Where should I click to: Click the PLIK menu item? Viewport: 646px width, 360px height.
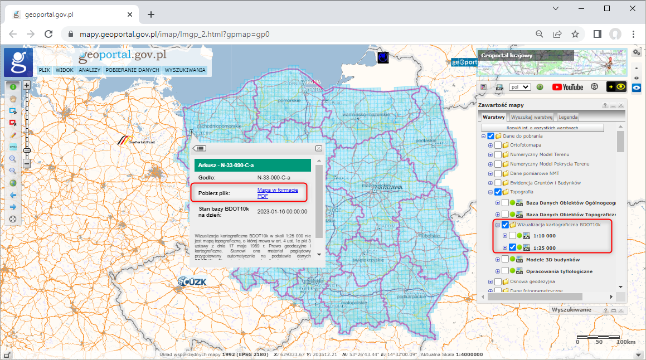point(45,70)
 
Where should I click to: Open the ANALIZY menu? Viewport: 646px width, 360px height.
point(89,70)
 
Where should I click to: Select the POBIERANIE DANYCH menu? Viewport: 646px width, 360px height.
point(132,70)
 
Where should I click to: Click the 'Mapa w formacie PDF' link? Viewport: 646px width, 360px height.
point(278,193)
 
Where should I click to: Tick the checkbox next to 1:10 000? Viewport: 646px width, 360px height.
point(512,236)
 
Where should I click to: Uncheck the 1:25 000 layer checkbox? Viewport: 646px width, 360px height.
point(512,248)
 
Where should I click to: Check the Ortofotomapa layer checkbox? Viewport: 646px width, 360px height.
point(498,145)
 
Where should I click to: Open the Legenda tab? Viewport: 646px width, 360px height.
point(568,117)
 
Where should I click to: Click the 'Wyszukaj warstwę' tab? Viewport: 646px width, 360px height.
point(532,117)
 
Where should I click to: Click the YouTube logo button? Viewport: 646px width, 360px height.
point(567,87)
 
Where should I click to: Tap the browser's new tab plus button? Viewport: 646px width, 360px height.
point(150,14)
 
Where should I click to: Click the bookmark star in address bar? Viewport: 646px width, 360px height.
point(575,34)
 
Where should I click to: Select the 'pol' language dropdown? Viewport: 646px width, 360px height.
point(519,87)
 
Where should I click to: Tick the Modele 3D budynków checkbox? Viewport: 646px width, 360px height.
point(505,259)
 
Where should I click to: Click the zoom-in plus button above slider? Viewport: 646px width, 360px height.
point(26,85)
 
